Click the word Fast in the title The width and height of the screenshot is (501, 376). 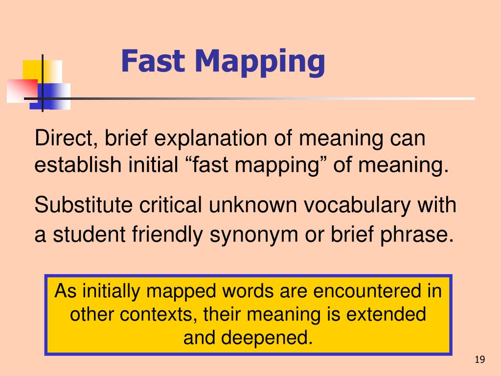153,62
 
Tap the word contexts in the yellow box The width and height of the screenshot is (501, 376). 158,314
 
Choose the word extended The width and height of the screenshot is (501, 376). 387,314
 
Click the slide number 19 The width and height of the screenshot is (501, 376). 479,360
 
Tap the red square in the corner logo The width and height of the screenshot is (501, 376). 21,90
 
